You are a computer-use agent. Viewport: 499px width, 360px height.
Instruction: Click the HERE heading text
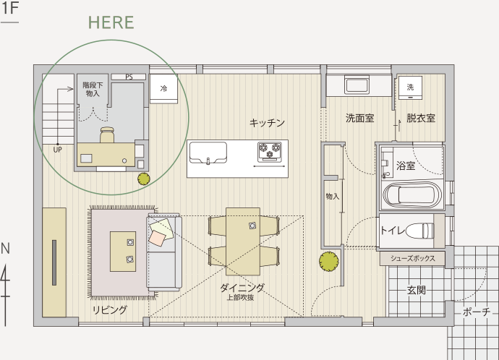point(111,22)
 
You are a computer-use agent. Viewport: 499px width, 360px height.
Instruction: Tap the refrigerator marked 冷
point(163,89)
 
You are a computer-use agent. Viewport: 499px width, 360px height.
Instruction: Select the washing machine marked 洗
point(410,87)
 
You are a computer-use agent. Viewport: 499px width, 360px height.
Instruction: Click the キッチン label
point(267,123)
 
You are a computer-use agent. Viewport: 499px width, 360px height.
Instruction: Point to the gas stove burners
point(270,150)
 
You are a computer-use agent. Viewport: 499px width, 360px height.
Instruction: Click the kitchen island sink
point(208,153)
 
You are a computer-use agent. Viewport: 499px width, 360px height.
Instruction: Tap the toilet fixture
point(419,231)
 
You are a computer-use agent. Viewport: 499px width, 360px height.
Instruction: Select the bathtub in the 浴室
point(412,194)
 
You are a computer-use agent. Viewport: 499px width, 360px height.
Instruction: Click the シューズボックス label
point(412,258)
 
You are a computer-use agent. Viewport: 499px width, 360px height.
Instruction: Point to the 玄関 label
point(417,290)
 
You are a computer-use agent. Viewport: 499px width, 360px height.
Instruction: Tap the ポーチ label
point(477,312)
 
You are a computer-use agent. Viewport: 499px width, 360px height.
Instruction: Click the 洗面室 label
point(360,119)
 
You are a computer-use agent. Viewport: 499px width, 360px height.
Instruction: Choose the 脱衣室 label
point(421,119)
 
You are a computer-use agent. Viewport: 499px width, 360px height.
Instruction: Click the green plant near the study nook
point(144,179)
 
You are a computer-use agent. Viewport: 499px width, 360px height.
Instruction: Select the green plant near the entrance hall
point(329,262)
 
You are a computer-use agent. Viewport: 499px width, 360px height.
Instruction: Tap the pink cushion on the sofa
point(157,238)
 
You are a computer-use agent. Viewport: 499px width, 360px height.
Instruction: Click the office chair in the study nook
point(107,135)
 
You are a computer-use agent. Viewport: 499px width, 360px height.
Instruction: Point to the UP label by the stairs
point(58,150)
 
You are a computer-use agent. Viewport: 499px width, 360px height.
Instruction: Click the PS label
point(129,77)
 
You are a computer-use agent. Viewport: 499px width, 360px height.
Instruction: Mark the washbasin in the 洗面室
point(357,85)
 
